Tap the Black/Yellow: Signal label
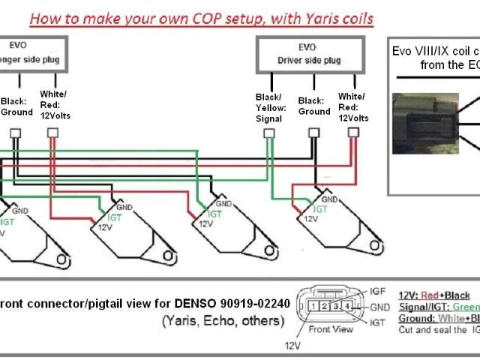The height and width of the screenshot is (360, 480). [268, 107]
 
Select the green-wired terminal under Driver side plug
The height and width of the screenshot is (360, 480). [268, 133]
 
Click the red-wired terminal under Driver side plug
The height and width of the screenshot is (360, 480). [353, 133]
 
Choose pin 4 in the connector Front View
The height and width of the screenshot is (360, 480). [346, 306]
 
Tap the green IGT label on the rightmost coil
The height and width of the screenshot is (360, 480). [320, 209]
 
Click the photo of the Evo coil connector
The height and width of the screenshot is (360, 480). [424, 124]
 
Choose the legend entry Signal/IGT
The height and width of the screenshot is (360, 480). [431, 307]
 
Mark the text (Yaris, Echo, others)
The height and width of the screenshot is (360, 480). [223, 321]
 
